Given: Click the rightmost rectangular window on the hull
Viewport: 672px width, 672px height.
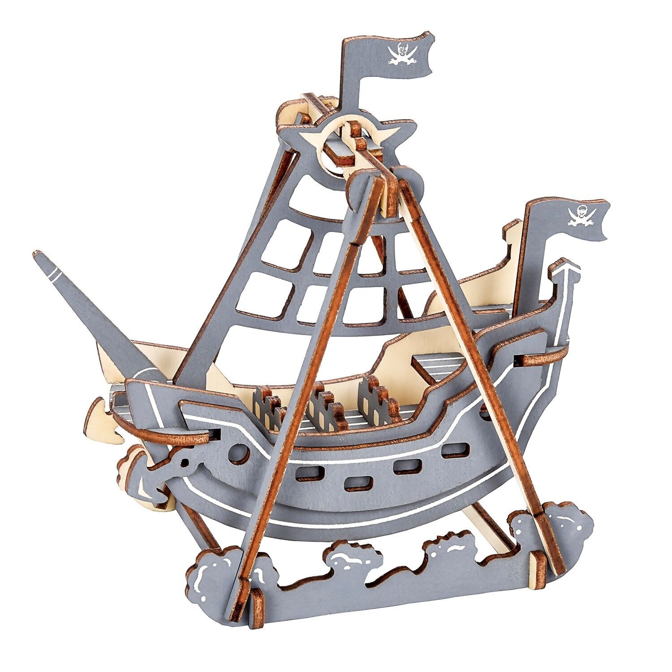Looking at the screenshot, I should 455,450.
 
